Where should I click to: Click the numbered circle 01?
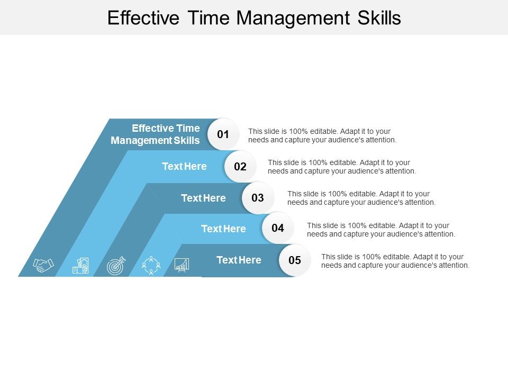[223, 134]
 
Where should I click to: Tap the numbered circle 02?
[240, 167]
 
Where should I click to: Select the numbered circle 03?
[258, 198]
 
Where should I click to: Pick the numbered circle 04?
[278, 229]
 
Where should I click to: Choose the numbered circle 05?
[295, 260]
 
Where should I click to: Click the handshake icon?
[43, 265]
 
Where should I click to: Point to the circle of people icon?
[151, 265]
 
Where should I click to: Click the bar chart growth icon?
[182, 265]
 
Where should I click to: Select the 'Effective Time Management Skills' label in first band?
[156, 134]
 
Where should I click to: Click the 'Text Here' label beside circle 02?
[184, 167]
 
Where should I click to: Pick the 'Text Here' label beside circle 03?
[203, 198]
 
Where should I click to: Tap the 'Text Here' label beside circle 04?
[223, 229]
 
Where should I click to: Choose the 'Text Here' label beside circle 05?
[239, 260]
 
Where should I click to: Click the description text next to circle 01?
[322, 135]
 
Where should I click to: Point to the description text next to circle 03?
[361, 198]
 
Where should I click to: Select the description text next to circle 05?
[395, 261]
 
